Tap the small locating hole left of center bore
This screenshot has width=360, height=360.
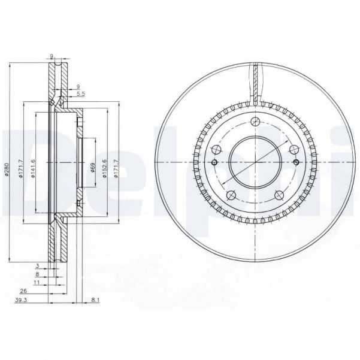click(x=214, y=162)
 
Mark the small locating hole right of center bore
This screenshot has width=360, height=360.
click(x=296, y=162)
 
